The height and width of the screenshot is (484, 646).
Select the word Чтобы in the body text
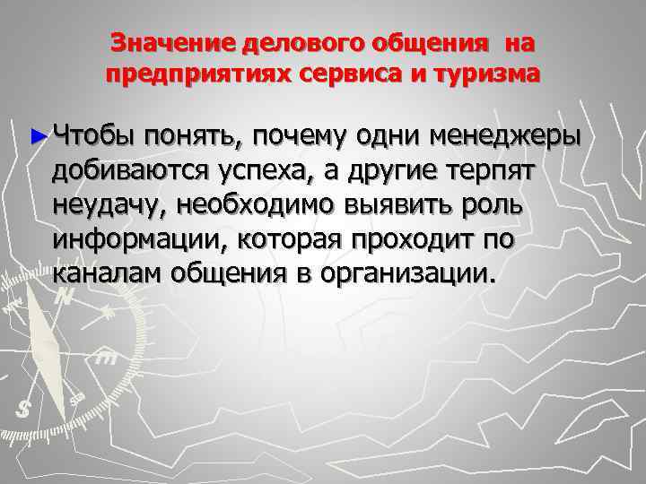click(x=92, y=137)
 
